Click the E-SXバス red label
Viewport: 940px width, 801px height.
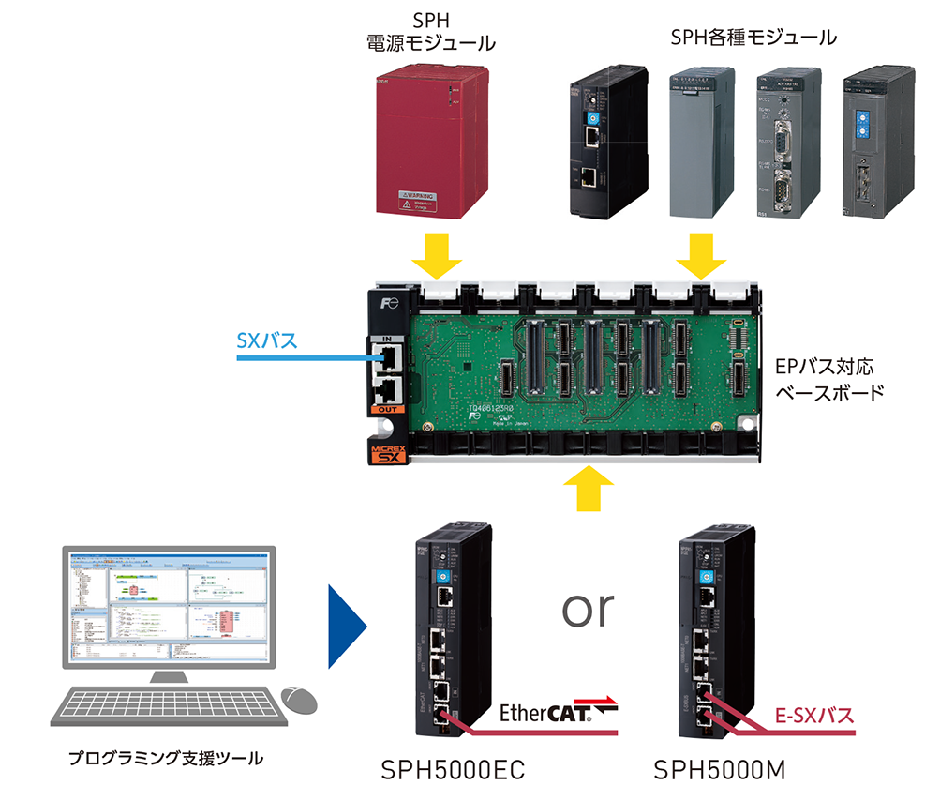coord(815,718)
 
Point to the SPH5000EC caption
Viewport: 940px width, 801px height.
coord(453,771)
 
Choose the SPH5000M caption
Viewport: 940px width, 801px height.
coord(719,771)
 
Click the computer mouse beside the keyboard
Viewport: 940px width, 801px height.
coord(301,698)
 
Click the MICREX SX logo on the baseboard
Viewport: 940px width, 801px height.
coord(387,457)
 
